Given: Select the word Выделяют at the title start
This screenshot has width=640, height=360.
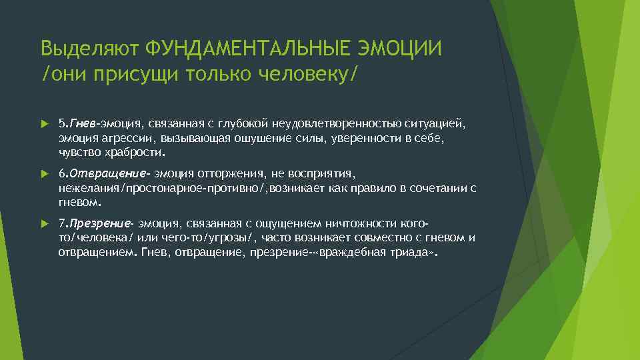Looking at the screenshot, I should pos(89,49).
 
